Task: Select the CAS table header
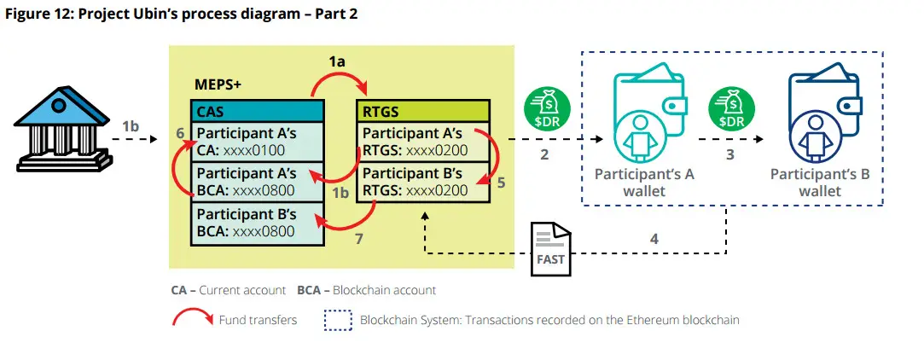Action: (257, 112)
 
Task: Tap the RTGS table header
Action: (423, 112)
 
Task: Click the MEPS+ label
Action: (218, 84)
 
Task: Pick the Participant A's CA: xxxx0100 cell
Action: (257, 142)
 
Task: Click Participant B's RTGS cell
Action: (423, 183)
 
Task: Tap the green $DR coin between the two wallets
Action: (731, 110)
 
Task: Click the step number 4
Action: (654, 239)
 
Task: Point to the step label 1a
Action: (338, 60)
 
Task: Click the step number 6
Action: (180, 134)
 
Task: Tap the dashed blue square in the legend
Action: (338, 320)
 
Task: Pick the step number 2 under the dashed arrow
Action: (544, 155)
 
